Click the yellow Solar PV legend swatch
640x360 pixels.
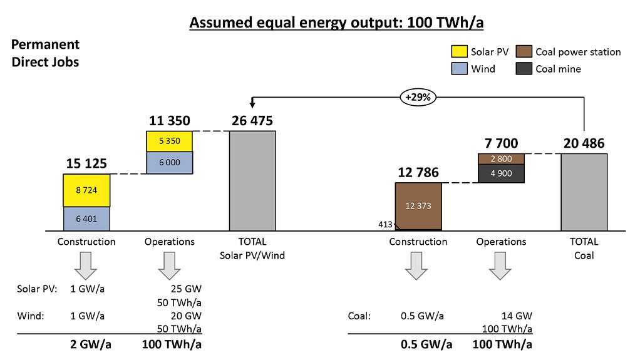pyautogui.click(x=460, y=52)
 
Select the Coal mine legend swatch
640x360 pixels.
pyautogui.click(x=523, y=69)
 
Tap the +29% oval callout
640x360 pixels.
pyautogui.click(x=420, y=98)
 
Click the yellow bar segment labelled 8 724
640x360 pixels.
pyautogui.click(x=86, y=190)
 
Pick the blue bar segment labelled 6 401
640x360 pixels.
pyautogui.click(x=86, y=219)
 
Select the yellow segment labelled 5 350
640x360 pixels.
pyautogui.click(x=170, y=141)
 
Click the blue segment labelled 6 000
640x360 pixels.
pyautogui.click(x=170, y=162)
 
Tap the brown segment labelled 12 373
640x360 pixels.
pyautogui.click(x=418, y=205)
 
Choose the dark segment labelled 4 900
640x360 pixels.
pyautogui.click(x=501, y=173)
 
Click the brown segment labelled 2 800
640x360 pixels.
pyautogui.click(x=501, y=158)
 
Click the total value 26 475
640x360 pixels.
pyautogui.click(x=252, y=121)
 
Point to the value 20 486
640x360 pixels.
pyautogui.click(x=584, y=143)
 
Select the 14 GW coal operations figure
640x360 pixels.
pyautogui.click(x=519, y=316)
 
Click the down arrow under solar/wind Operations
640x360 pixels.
pyautogui.click(x=169, y=265)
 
